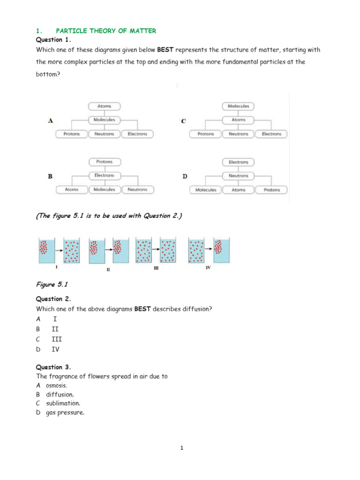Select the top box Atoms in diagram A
(104, 106)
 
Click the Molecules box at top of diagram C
(239, 106)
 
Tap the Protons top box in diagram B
(104, 162)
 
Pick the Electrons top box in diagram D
(239, 162)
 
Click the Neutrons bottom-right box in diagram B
(137, 190)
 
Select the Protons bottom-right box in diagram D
(271, 190)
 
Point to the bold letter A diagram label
(50, 120)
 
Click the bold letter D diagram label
(185, 176)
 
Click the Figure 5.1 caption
(49, 284)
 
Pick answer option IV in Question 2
(55, 349)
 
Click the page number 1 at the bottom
(182, 448)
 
